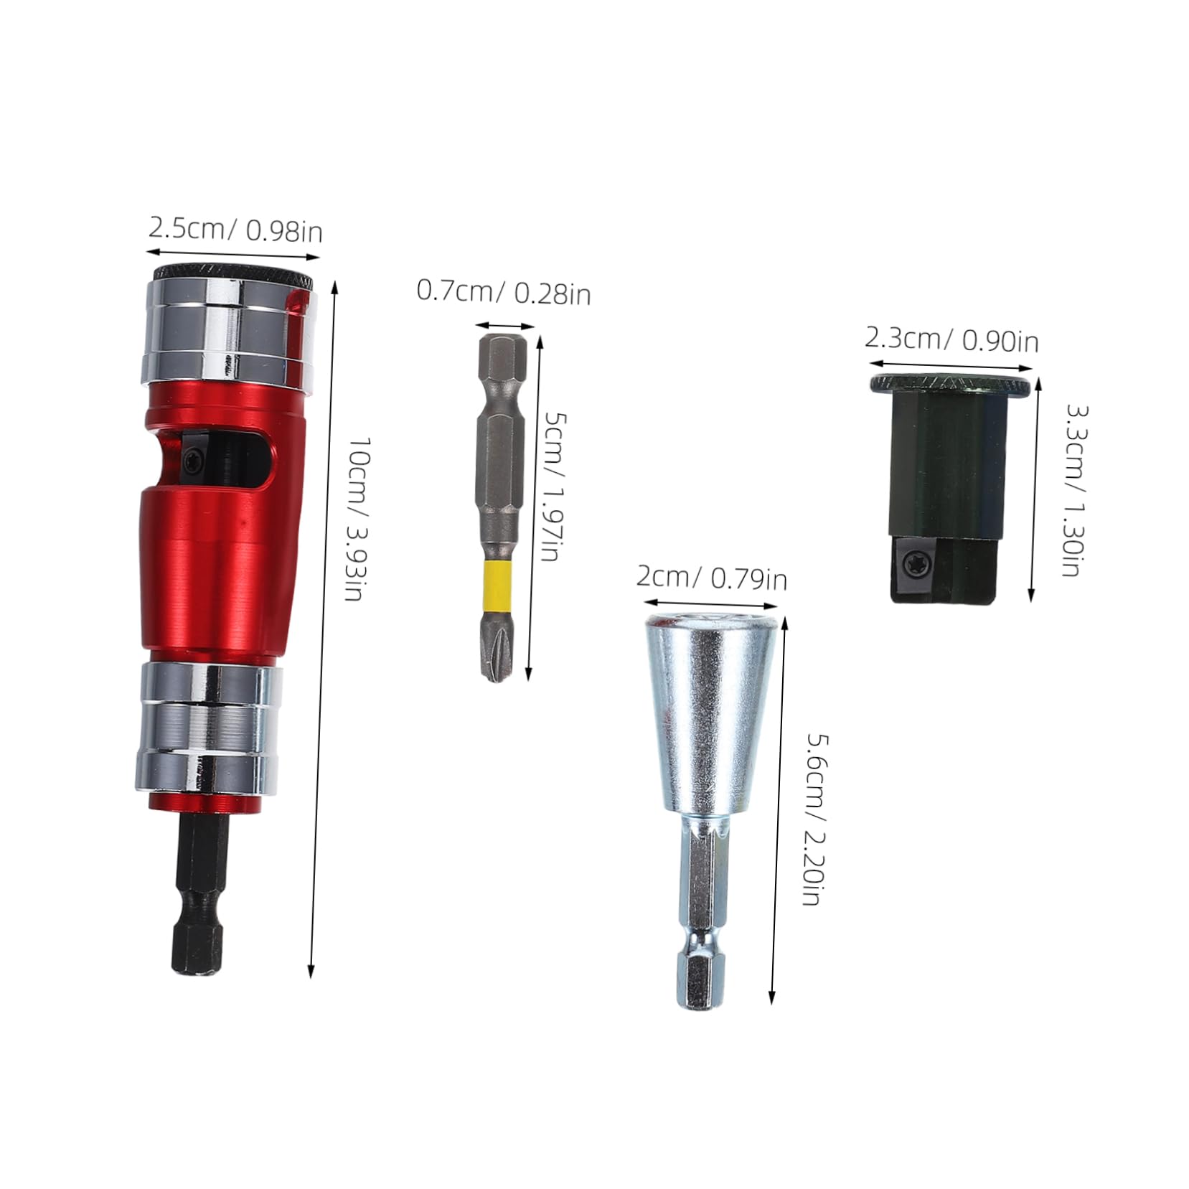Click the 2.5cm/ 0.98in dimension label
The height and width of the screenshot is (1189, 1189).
[235, 230]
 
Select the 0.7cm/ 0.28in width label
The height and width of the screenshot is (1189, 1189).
[504, 292]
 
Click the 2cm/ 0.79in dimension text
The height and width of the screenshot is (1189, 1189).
[712, 578]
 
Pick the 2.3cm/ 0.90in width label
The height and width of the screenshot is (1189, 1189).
[951, 339]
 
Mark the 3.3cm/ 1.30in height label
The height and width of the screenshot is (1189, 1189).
[1076, 491]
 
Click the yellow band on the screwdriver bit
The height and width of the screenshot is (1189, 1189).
[499, 585]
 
